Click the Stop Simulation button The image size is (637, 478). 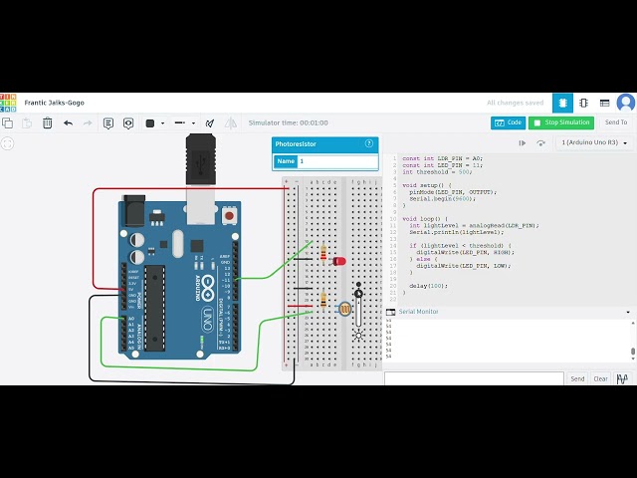pyautogui.click(x=560, y=122)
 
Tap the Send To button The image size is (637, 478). pyautogui.click(x=616, y=122)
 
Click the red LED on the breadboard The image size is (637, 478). pyautogui.click(x=339, y=261)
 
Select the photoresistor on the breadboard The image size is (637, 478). pyautogui.click(x=344, y=310)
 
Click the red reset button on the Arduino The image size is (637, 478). pyautogui.click(x=231, y=215)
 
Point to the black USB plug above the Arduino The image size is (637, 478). pyautogui.click(x=200, y=160)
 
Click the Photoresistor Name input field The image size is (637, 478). pyautogui.click(x=336, y=161)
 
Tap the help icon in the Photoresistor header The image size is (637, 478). pyautogui.click(x=369, y=143)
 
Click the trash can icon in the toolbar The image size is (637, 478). pyautogui.click(x=47, y=123)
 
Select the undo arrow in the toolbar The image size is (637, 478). pyautogui.click(x=68, y=123)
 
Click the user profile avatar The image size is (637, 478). pyautogui.click(x=625, y=103)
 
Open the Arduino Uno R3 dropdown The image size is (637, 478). pyautogui.click(x=593, y=142)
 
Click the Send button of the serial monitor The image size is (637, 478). pyautogui.click(x=577, y=378)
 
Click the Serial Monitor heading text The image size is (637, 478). pyautogui.click(x=418, y=312)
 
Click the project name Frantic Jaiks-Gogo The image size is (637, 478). pyautogui.click(x=54, y=103)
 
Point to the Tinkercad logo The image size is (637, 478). pyautogui.click(x=8, y=102)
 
